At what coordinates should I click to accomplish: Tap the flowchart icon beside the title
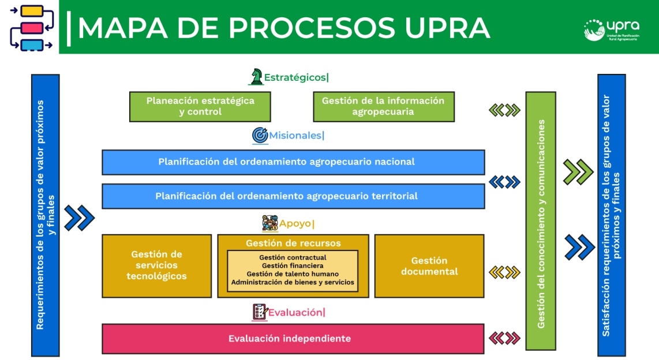pyautogui.click(x=31, y=28)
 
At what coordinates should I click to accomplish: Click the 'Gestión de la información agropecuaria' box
pyautogui.click(x=383, y=106)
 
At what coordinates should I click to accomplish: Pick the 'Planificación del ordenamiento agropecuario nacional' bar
pyautogui.click(x=293, y=162)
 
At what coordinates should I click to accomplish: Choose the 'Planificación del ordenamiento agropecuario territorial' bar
pyautogui.click(x=293, y=196)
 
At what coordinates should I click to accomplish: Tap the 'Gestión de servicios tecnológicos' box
pyautogui.click(x=157, y=265)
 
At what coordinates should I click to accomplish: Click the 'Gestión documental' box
pyautogui.click(x=429, y=266)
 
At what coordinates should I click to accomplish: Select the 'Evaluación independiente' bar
pyautogui.click(x=293, y=339)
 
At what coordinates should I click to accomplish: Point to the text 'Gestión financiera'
pyautogui.click(x=293, y=265)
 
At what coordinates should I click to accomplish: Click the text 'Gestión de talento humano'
pyautogui.click(x=293, y=273)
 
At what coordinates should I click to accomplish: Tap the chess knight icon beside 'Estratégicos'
pyautogui.click(x=256, y=76)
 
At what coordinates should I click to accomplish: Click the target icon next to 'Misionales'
pyautogui.click(x=260, y=136)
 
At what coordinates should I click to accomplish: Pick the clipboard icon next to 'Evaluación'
pyautogui.click(x=260, y=312)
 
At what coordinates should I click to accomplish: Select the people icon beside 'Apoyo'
pyautogui.click(x=269, y=223)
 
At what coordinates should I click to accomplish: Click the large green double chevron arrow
pyautogui.click(x=578, y=172)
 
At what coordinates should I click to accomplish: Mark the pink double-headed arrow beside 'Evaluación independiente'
pyautogui.click(x=504, y=338)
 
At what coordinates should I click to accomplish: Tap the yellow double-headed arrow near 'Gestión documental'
pyautogui.click(x=504, y=272)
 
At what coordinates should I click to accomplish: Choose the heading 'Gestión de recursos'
pyautogui.click(x=293, y=243)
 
